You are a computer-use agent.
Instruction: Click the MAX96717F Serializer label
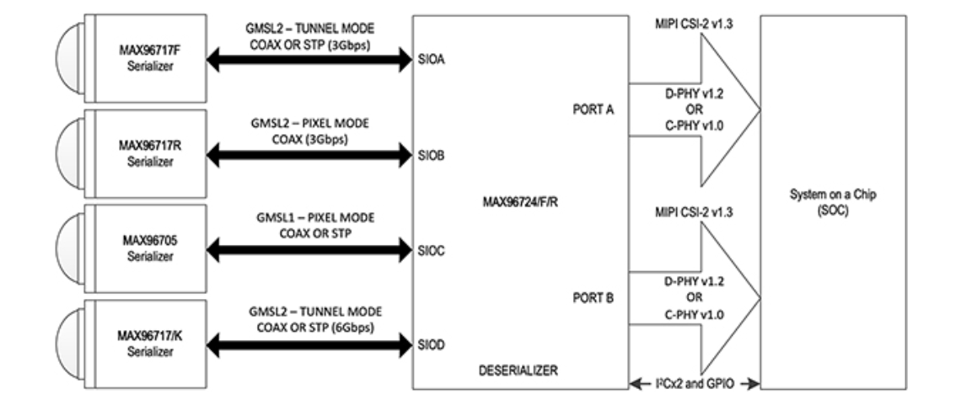(x=150, y=57)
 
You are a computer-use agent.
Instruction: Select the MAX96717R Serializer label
(x=150, y=153)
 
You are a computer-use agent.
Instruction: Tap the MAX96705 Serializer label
(x=150, y=248)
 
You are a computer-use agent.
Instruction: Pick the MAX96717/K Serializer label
(x=150, y=344)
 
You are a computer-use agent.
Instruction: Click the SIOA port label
(x=432, y=60)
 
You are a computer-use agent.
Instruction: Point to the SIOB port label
(x=432, y=156)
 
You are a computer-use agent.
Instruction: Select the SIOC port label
(x=432, y=251)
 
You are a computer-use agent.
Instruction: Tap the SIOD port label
(x=432, y=345)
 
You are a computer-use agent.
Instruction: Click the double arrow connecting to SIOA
(x=309, y=60)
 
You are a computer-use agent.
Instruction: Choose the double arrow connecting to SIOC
(x=309, y=250)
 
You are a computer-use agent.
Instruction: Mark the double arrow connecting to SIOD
(x=309, y=345)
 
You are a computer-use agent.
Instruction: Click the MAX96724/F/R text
(x=520, y=202)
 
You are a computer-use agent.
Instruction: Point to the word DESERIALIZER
(x=518, y=371)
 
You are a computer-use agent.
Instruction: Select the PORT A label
(x=593, y=109)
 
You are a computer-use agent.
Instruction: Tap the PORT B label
(x=593, y=298)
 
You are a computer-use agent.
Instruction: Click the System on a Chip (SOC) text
(x=833, y=202)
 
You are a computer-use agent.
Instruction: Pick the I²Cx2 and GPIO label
(x=695, y=384)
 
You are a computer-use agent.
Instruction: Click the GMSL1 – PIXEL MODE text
(x=315, y=218)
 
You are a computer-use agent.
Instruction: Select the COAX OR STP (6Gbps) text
(x=315, y=328)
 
